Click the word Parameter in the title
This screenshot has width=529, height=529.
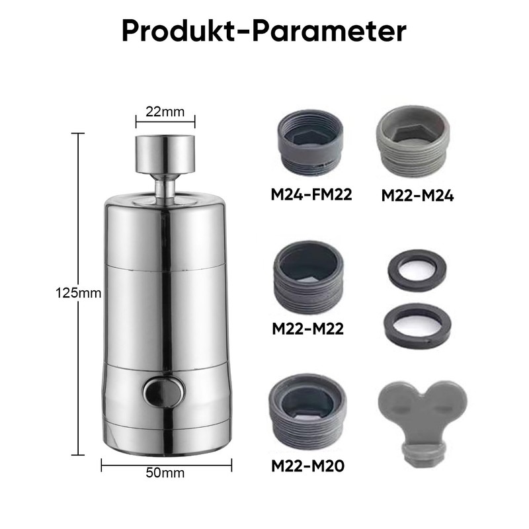coord(329,31)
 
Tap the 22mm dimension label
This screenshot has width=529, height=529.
coord(165,112)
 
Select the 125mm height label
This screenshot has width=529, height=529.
coord(78,293)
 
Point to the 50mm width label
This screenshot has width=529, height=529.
coord(165,473)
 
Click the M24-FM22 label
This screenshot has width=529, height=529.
coord(311,194)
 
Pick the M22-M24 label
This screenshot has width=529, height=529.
coord(417,196)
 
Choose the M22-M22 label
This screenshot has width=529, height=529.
coord(307,329)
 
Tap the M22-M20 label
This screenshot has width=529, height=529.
coord(307,466)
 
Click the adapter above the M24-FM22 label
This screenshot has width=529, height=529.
coord(310,142)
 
